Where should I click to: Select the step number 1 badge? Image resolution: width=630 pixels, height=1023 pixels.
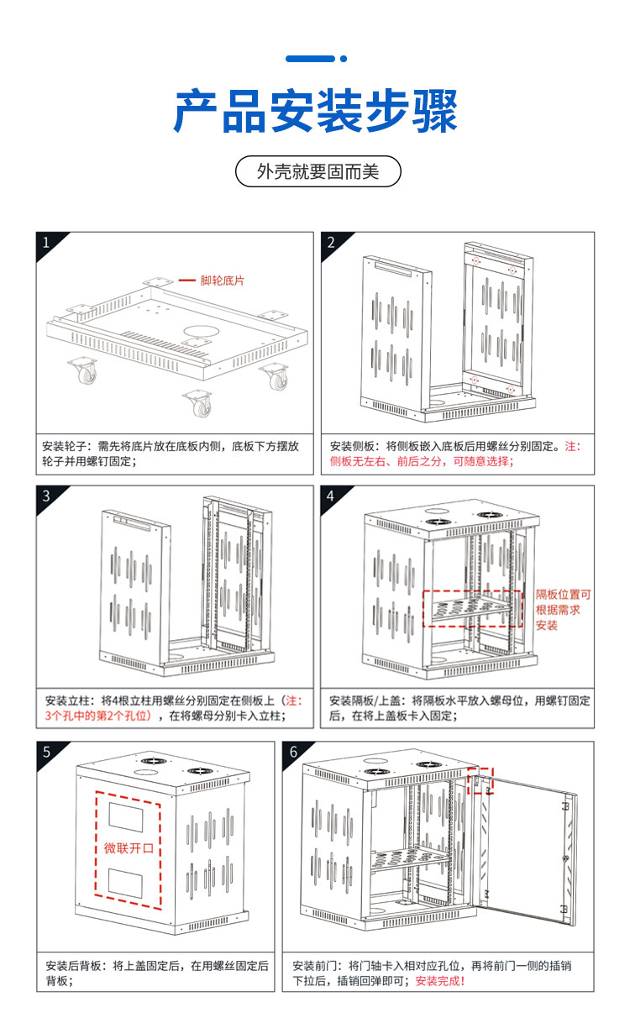(46, 243)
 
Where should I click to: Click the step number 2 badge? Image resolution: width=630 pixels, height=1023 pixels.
(331, 243)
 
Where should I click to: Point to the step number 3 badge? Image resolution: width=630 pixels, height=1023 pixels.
(46, 496)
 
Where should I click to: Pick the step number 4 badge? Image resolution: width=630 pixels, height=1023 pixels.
(331, 496)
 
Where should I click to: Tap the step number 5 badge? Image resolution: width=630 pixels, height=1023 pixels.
(46, 753)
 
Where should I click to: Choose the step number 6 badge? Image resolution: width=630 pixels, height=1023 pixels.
(293, 753)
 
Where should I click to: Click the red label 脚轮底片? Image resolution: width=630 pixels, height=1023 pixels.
(222, 281)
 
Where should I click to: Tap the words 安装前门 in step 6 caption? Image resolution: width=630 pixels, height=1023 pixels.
(315, 966)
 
